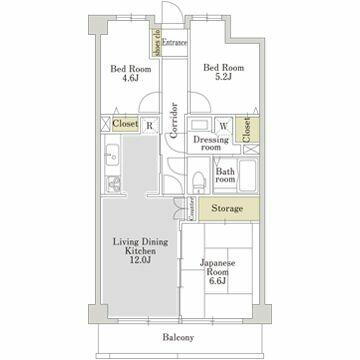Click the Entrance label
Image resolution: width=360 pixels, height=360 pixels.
click(x=176, y=44)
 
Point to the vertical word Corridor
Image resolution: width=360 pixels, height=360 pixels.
click(x=173, y=119)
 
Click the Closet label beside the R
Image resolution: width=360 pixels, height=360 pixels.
click(x=125, y=125)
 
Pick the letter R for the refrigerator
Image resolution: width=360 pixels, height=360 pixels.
click(x=149, y=126)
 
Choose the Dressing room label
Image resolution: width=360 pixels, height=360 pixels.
click(x=210, y=145)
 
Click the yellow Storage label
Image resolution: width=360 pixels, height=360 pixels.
click(x=227, y=208)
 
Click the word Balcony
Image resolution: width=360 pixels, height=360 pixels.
click(x=177, y=336)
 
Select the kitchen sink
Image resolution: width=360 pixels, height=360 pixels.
click(x=112, y=157)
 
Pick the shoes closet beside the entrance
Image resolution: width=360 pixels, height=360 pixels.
click(x=156, y=43)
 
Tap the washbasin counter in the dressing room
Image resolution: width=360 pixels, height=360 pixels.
click(x=199, y=127)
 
